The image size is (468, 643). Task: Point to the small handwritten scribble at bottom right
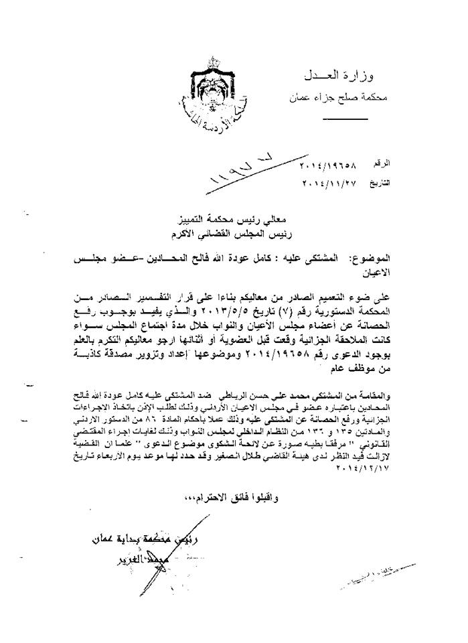click(x=375, y=577)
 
